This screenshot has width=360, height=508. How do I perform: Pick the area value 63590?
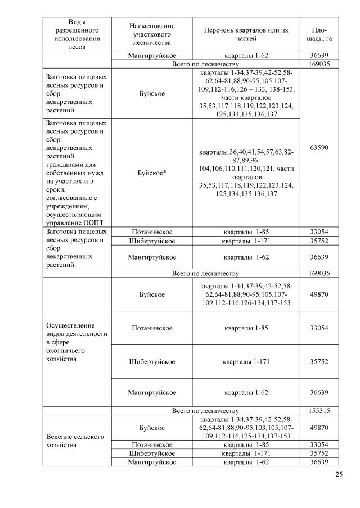click(319, 148)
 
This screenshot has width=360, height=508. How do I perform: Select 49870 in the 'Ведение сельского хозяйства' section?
click(319, 428)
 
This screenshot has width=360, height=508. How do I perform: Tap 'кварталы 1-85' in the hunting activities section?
click(247, 328)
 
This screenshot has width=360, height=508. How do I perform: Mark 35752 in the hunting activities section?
click(319, 362)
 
